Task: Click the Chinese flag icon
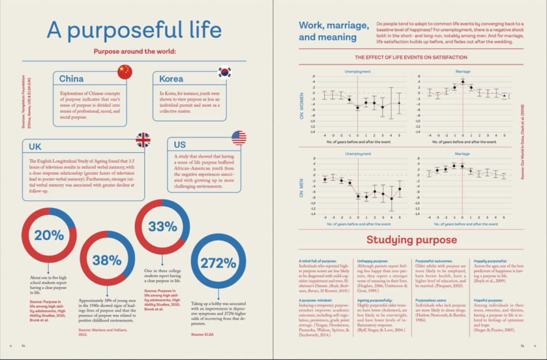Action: [x=124, y=72]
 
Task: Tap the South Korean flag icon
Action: [x=225, y=72]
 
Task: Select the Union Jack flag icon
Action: [x=143, y=139]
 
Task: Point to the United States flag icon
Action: [x=239, y=138]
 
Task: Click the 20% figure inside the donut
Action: [x=49, y=235]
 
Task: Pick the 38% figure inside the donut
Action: [x=107, y=260]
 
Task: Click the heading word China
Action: [x=71, y=79]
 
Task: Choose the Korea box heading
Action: [x=171, y=79]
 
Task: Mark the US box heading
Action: [x=180, y=145]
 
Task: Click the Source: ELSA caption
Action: [x=201, y=334]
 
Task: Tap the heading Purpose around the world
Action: [x=135, y=52]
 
